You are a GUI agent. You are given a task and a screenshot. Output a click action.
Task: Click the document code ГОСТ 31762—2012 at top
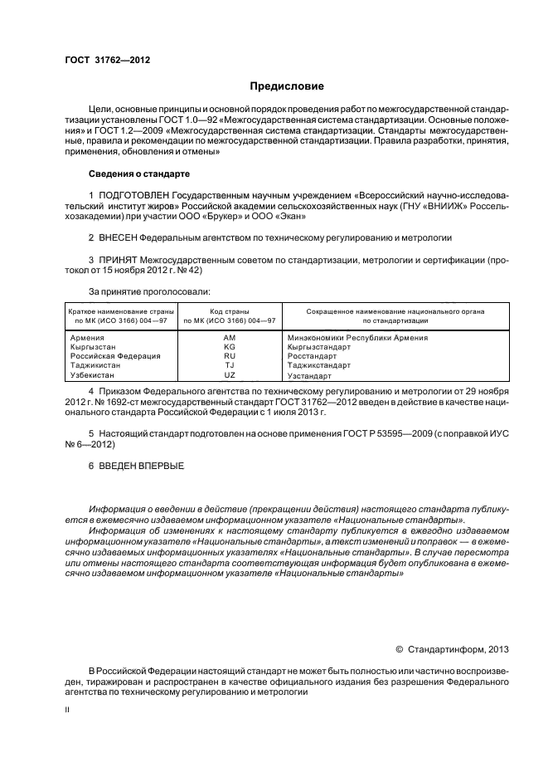[x=101, y=60]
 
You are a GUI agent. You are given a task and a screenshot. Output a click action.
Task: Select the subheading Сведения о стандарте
[x=139, y=174]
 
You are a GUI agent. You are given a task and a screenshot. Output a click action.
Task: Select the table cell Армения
[x=87, y=338]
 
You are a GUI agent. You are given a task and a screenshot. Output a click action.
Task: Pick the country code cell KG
[x=230, y=347]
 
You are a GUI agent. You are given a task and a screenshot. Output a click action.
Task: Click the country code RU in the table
[x=230, y=356]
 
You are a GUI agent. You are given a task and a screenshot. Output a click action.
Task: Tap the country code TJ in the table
[x=230, y=365]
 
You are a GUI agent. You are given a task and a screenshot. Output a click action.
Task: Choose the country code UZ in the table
[x=230, y=374]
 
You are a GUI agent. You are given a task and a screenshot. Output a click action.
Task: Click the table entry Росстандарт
[x=310, y=356]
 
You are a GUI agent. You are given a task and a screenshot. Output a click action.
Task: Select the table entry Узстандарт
[x=308, y=375]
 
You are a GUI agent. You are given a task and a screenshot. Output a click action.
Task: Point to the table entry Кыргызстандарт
[x=318, y=347]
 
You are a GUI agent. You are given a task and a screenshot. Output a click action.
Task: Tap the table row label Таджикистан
[x=95, y=365]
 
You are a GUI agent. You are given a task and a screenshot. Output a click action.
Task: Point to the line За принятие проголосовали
[x=149, y=291]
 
